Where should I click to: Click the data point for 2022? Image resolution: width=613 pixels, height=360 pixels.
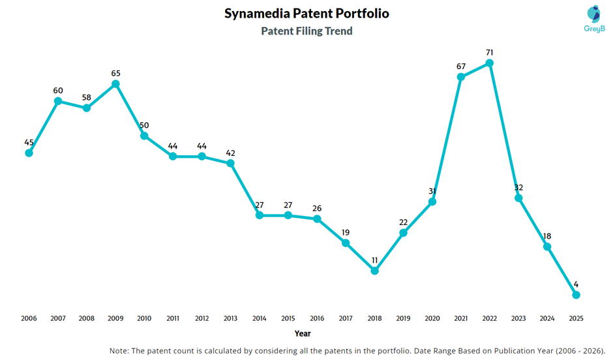coord(490,63)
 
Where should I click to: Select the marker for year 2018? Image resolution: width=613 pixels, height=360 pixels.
coord(374,271)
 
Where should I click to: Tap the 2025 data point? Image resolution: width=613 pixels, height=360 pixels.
coord(576,295)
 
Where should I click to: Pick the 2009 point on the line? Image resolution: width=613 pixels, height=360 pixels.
coord(115,84)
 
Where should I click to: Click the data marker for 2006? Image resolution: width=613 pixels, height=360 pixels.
coord(29,153)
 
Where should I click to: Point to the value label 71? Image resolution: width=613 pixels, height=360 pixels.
coord(489,52)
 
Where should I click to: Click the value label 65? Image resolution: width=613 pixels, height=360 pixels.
coord(115,73)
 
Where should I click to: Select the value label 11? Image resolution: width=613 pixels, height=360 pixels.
coord(374,260)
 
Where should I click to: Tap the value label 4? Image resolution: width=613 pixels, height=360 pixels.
coord(576,284)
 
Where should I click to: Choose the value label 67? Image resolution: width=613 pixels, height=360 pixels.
coord(461,66)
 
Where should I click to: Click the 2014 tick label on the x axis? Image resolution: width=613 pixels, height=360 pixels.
coord(259,318)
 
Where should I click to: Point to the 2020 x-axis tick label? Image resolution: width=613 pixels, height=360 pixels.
coord(432,318)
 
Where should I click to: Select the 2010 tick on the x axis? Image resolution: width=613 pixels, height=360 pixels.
coord(144,318)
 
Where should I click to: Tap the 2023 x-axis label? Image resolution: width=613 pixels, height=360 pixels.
coord(518,318)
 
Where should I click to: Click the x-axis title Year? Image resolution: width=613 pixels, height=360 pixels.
coord(303,333)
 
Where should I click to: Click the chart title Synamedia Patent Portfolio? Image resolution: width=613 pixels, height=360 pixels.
coord(306,14)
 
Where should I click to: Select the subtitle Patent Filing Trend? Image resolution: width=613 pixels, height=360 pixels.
coord(306,31)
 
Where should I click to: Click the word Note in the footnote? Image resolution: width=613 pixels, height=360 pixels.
coord(120,351)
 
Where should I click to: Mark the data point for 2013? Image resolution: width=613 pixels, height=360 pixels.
coord(230,163)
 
